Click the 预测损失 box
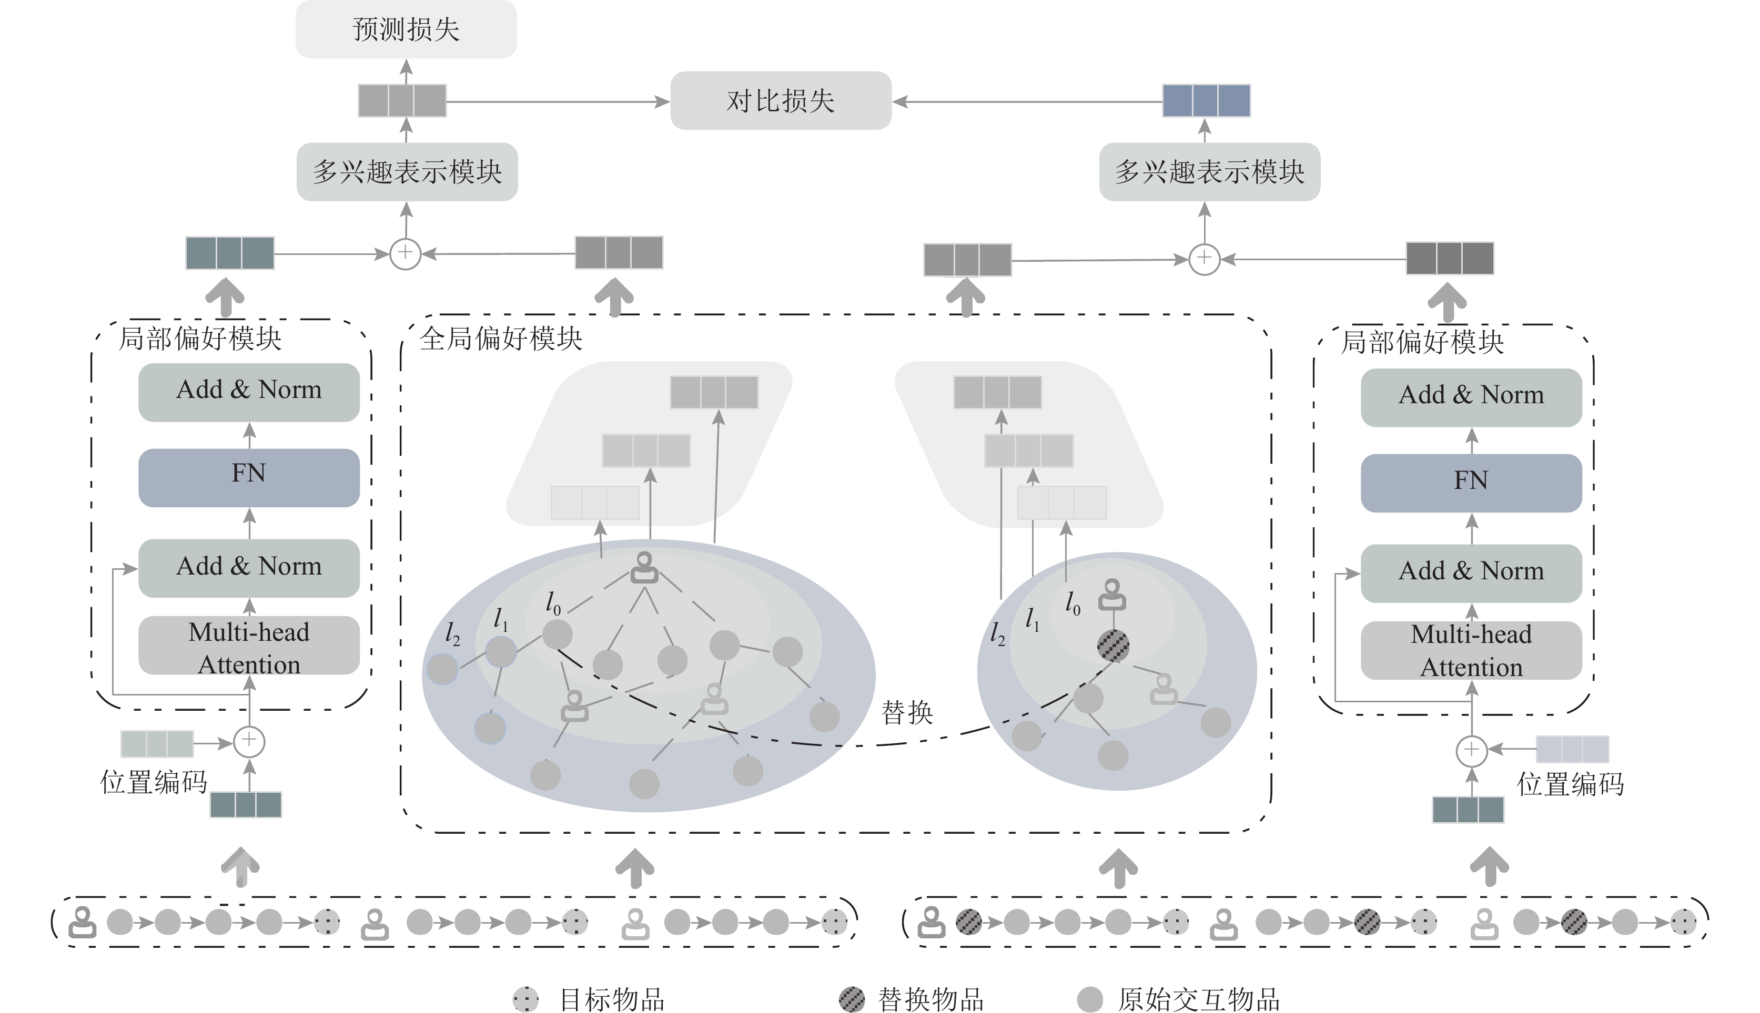(406, 29)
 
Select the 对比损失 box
(780, 101)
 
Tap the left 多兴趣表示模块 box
(407, 172)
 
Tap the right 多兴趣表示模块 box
(1209, 172)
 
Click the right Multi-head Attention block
(1471, 650)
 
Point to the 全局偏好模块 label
(501, 339)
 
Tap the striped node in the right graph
(1113, 646)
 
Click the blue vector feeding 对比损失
(1206, 101)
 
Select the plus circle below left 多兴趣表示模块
(406, 254)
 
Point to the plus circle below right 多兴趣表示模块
(1205, 259)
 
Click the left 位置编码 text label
(153, 783)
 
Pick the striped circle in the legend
(852, 999)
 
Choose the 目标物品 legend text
(612, 1000)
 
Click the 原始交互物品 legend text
(1198, 1000)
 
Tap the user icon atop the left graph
(644, 568)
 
